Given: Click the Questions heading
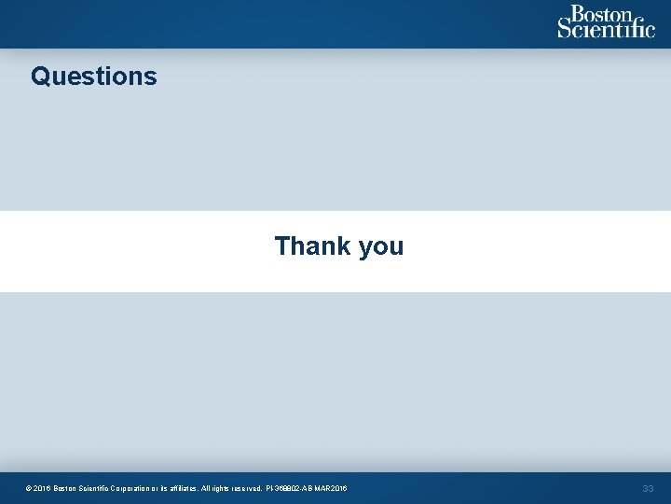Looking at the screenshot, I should click(x=94, y=76).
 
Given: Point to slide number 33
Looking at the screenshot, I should click(x=648, y=488).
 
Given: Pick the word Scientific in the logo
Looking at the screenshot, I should click(x=607, y=29).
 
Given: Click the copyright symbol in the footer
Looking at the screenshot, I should click(x=30, y=488).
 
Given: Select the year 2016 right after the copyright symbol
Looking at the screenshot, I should click(x=43, y=488).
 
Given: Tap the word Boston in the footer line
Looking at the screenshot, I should click(x=66, y=488).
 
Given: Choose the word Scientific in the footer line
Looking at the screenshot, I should click(x=99, y=488).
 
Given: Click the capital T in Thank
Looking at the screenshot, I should click(x=281, y=246).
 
